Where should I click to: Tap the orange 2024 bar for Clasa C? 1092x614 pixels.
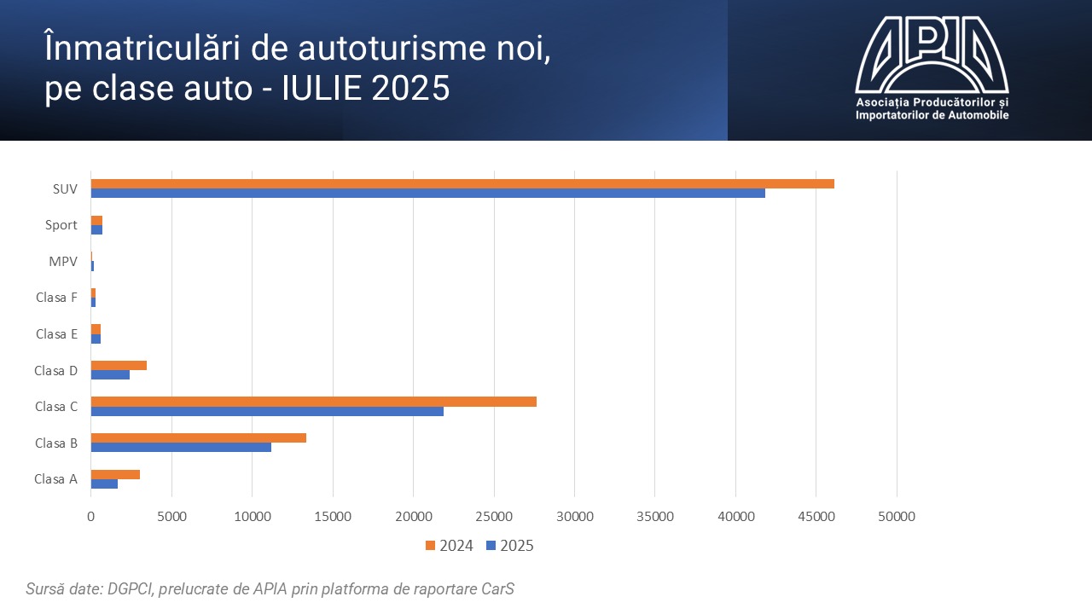click(x=314, y=402)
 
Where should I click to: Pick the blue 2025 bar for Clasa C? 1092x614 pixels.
click(x=267, y=411)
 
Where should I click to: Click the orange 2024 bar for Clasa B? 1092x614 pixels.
click(x=199, y=437)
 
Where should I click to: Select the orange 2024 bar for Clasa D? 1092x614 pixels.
click(x=119, y=365)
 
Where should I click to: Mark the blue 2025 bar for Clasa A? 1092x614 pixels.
click(x=104, y=484)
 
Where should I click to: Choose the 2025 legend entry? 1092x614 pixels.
click(x=509, y=546)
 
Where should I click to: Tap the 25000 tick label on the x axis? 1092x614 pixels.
click(x=494, y=516)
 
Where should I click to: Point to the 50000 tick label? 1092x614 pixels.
click(x=897, y=516)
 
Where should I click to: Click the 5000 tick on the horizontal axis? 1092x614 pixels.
click(x=171, y=516)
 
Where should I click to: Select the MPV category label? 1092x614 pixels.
click(x=63, y=261)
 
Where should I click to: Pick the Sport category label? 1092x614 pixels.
click(x=61, y=225)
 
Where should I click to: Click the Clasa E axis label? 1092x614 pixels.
click(x=56, y=333)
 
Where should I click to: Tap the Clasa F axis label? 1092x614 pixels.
click(x=56, y=298)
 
